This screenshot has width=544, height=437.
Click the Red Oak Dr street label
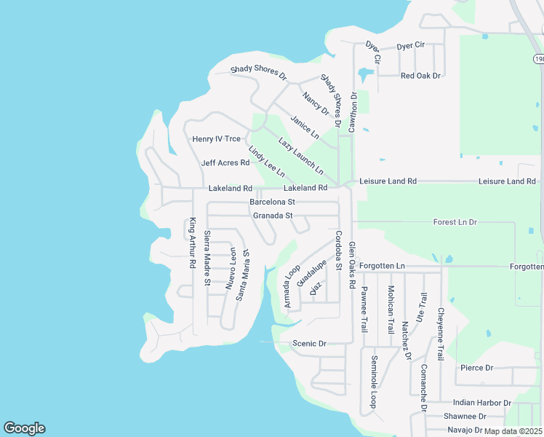[420, 76]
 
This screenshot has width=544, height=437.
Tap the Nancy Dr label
[316, 103]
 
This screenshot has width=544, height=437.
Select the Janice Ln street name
[305, 127]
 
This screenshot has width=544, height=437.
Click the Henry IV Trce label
[216, 139]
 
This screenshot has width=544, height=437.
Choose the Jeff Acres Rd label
[225, 163]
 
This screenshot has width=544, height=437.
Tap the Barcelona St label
[272, 202]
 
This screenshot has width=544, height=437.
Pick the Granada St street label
[273, 216]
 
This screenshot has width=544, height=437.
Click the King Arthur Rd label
[193, 243]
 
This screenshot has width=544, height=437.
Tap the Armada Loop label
[292, 286]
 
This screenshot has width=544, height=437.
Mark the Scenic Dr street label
[309, 343]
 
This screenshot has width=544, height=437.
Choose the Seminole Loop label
[374, 381]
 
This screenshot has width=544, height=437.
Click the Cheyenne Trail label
[440, 334]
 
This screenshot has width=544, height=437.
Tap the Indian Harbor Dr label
[481, 403]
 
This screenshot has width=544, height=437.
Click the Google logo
[24, 428]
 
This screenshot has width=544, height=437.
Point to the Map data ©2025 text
[513, 431]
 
